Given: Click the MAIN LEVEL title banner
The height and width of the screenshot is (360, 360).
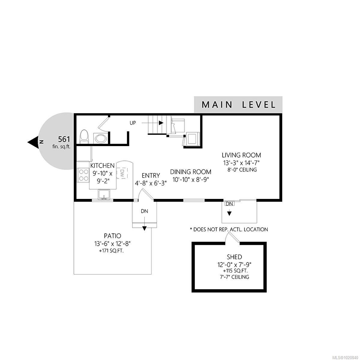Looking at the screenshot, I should click(x=238, y=105).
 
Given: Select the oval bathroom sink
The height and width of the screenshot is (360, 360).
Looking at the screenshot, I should click(x=100, y=139).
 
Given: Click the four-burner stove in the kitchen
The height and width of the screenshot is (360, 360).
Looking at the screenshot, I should click(x=83, y=175).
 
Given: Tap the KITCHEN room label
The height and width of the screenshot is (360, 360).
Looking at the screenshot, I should click(x=102, y=166).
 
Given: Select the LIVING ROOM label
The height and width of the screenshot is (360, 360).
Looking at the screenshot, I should click(x=241, y=155).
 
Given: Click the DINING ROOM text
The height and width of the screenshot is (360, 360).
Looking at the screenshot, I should click(x=191, y=172).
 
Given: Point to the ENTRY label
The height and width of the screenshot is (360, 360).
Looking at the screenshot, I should click(x=151, y=175).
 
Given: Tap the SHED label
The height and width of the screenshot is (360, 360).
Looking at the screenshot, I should click(x=235, y=257).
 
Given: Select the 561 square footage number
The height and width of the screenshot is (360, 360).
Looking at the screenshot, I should click(x=64, y=139).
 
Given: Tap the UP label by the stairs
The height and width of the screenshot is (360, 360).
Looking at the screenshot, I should click(x=133, y=123).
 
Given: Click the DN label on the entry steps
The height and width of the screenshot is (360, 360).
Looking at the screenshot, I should click(x=145, y=211).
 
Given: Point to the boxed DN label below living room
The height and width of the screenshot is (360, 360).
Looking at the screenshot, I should click(x=229, y=204).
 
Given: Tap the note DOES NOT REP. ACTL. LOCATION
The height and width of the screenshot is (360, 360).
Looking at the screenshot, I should click(x=229, y=229).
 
